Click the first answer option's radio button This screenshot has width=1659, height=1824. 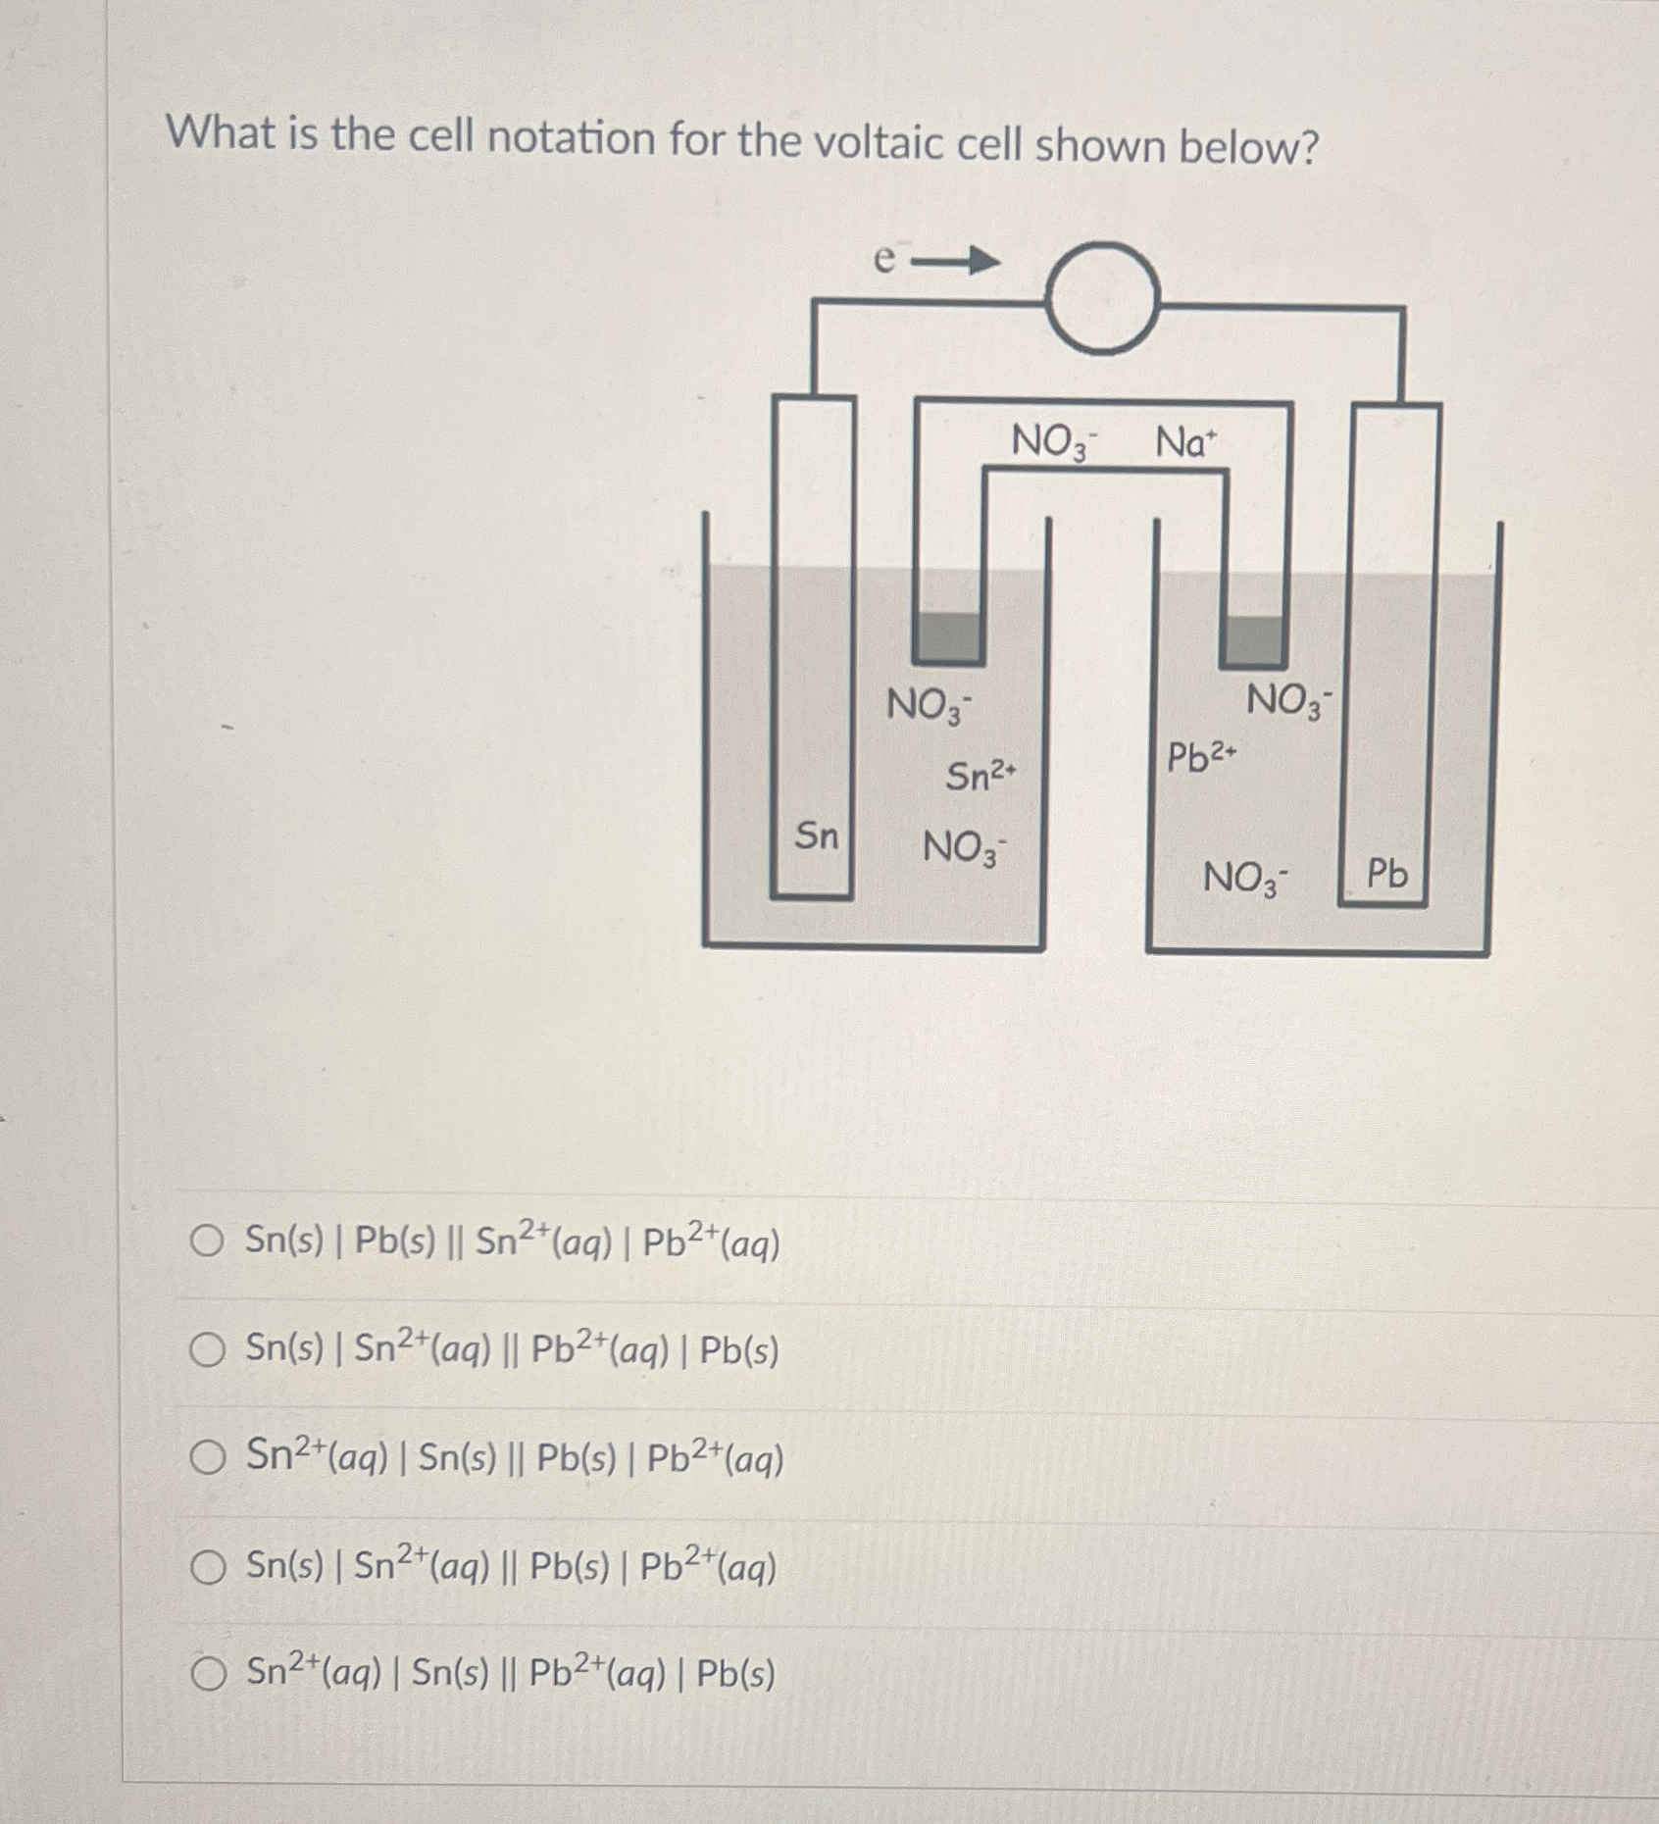tap(207, 1241)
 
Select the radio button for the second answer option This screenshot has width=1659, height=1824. tap(207, 1349)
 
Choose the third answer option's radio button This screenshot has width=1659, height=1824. tap(207, 1458)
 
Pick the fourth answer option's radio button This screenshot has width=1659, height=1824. tap(207, 1567)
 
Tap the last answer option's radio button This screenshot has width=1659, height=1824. tap(207, 1674)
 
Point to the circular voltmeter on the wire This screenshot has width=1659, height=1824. tap(1102, 298)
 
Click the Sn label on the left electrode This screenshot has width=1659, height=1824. tap(817, 836)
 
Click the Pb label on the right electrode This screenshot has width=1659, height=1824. tap(1386, 873)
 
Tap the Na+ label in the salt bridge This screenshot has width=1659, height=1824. tap(1184, 442)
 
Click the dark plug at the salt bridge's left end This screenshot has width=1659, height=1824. tap(948, 638)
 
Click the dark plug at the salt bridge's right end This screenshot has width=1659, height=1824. tap(1253, 642)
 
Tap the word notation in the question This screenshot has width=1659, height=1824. tap(571, 137)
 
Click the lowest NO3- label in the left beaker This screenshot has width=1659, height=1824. tap(964, 847)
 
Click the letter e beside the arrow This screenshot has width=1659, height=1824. tap(884, 258)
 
